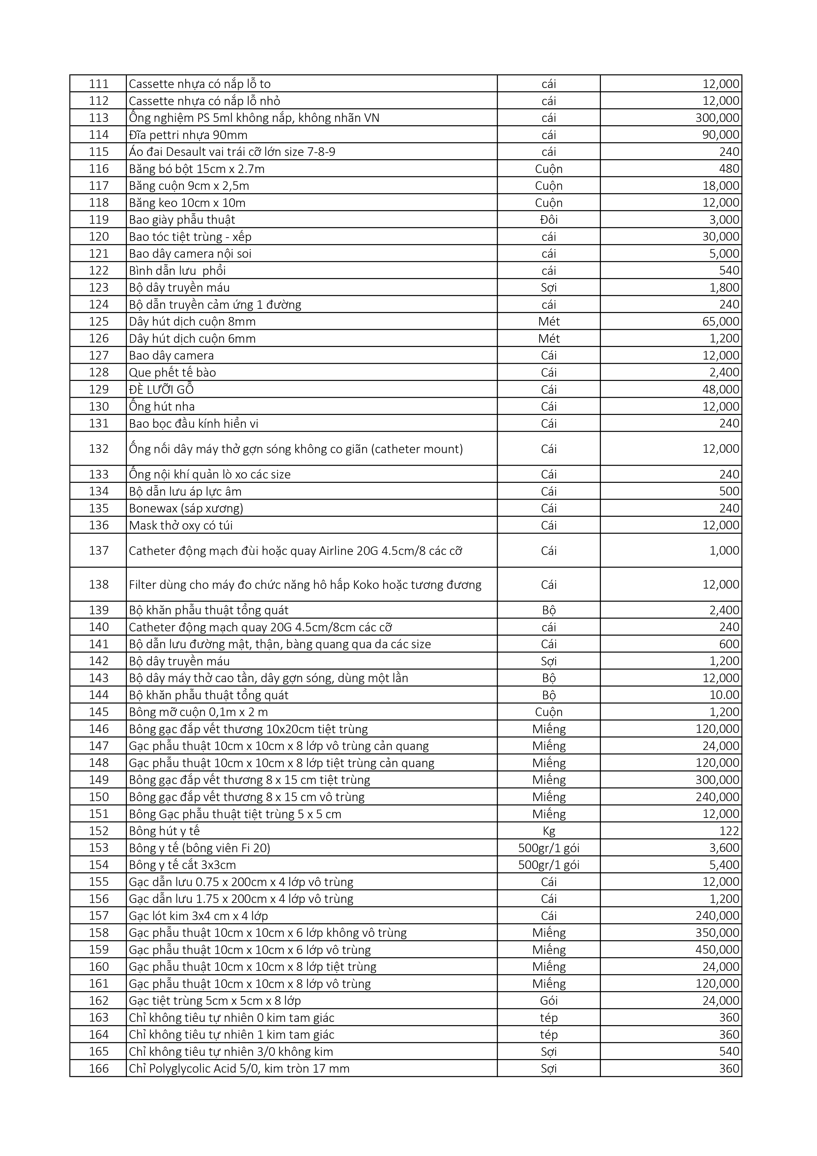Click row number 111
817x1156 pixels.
pos(99,84)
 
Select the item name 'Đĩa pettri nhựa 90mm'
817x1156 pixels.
pos(188,135)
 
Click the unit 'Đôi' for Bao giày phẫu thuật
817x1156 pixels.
pos(549,219)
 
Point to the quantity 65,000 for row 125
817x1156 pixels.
pos(720,321)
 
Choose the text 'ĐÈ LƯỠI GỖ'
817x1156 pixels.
pos(161,389)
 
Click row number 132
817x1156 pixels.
pos(99,448)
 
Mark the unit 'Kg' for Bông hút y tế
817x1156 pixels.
pos(549,831)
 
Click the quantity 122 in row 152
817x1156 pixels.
pos(729,831)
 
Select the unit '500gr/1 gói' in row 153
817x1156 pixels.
pos(549,848)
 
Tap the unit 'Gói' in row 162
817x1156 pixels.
pos(549,1000)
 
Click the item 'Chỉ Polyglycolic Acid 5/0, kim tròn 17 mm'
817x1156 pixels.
pos(239,1068)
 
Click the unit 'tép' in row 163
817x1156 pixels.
pos(549,1018)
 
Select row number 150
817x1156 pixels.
pos(99,797)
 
